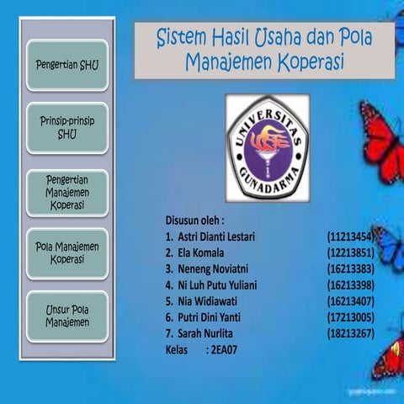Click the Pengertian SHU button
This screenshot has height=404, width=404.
66,65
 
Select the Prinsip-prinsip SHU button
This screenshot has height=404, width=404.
66,128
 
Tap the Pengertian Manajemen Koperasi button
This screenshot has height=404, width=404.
66,192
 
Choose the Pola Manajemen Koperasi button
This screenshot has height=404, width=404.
66,253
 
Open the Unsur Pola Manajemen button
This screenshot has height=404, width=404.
66,316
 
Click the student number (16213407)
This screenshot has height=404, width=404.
350,300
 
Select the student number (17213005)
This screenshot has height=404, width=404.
350,316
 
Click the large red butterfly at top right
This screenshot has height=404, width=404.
383,139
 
